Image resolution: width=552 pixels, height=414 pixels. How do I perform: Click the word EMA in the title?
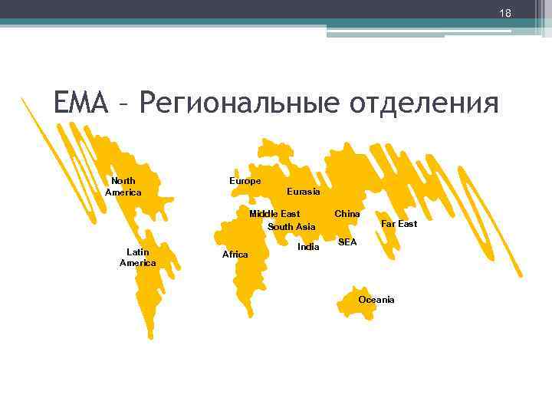(80, 103)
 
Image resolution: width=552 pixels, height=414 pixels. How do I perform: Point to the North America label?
(123, 186)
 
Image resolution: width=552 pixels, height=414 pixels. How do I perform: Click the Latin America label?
(137, 257)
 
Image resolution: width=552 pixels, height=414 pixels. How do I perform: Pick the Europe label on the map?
(245, 181)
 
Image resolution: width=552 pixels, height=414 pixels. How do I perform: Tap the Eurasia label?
(303, 192)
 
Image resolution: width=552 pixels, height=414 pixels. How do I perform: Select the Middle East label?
(274, 213)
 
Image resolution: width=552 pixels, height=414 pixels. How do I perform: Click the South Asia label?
(291, 227)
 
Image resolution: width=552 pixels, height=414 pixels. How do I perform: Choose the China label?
(347, 214)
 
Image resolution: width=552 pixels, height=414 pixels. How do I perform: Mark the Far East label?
(399, 224)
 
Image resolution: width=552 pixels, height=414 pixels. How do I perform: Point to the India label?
(308, 247)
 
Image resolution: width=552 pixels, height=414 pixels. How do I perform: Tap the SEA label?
(347, 242)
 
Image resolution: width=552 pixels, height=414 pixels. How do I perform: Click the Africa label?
(235, 255)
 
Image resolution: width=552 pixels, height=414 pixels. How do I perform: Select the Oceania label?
(376, 300)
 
